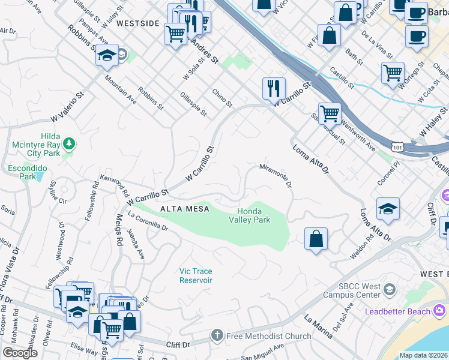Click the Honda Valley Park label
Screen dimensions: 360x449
[253, 215]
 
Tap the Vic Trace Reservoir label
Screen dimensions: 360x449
[196, 276]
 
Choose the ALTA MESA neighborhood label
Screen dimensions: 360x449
[184, 208]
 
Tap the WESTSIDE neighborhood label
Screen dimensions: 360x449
[138, 23]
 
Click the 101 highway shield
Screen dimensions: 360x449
[397, 146]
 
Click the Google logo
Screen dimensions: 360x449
[20, 352]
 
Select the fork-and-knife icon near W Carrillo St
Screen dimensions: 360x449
[274, 88]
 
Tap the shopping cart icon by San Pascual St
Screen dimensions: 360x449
[330, 113]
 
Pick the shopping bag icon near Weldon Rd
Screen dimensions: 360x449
[316, 239]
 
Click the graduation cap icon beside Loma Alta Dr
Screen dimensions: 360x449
[388, 209]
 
